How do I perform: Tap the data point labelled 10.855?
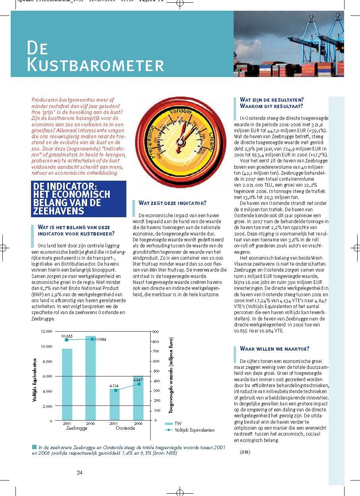pos(67,340)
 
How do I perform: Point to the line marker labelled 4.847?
pos(139,384)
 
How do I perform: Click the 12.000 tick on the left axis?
pos(46,331)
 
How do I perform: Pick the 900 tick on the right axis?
pos(156,331)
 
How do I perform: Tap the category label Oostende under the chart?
pos(125,428)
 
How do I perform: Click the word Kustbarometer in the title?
pos(95,65)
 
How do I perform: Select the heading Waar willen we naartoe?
pos(275,349)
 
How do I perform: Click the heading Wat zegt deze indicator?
pos(172,203)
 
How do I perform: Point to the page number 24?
pos(79,473)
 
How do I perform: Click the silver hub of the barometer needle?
pos(180,141)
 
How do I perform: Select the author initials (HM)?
pos(246,452)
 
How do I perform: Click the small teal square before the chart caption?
pos(34,447)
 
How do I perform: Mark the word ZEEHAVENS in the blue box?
pos(58,211)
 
